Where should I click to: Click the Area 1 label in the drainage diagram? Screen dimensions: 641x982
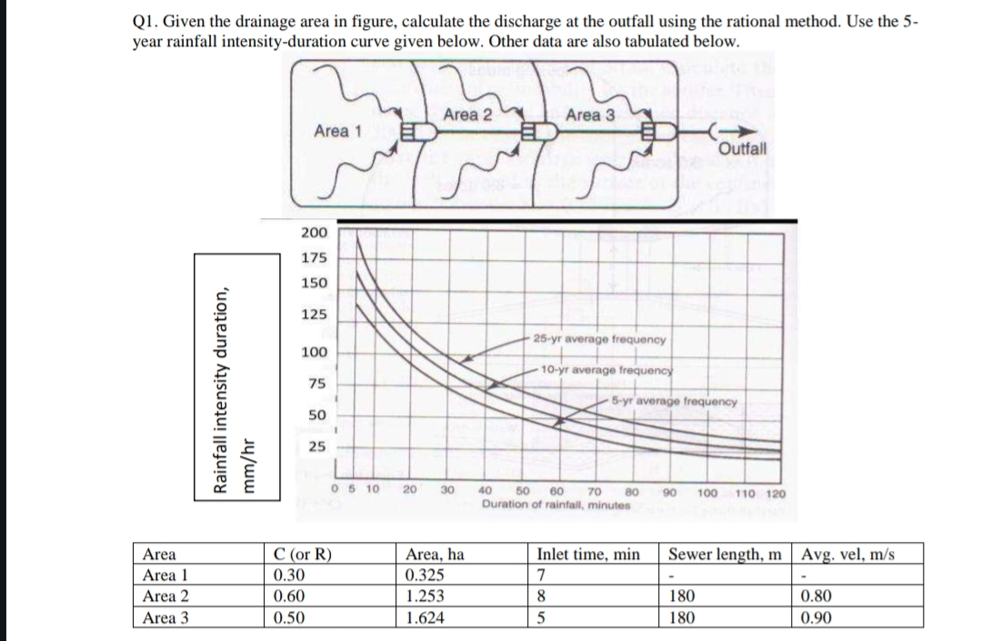tap(337, 131)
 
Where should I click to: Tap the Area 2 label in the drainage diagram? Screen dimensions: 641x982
tap(468, 115)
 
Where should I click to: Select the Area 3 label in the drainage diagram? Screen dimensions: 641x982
tap(590, 115)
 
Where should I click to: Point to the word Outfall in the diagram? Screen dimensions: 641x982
tap(743, 148)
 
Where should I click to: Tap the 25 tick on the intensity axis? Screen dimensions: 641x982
tap(317, 447)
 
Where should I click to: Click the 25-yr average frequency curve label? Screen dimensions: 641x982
tap(600, 339)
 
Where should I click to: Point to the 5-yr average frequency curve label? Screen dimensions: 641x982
tap(674, 401)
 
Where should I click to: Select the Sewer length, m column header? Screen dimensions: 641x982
tap(729, 554)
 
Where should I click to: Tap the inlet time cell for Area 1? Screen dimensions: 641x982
tap(541, 576)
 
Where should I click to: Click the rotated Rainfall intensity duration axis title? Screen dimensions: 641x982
tap(219, 389)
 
